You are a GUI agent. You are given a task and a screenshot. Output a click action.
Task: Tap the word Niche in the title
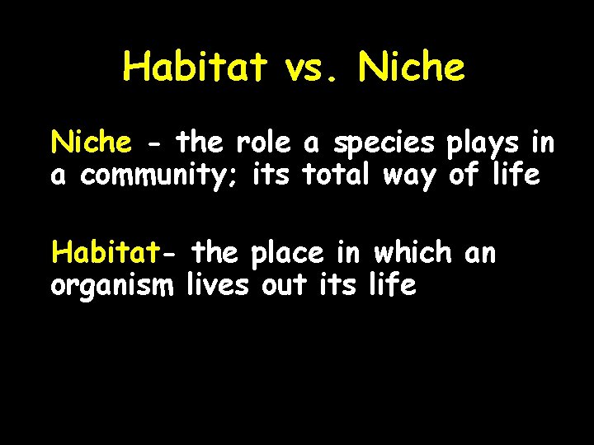412,67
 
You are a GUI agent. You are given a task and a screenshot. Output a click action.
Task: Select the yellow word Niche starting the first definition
91,143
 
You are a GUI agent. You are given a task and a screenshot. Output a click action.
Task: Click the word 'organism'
112,287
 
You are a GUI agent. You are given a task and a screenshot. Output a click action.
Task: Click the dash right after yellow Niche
153,144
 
